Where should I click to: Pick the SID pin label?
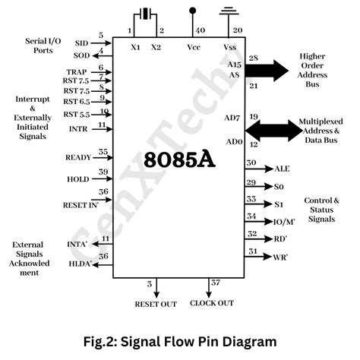(81, 43)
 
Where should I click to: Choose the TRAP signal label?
(76, 71)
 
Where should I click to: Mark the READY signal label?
(77, 157)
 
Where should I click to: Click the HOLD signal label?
(78, 179)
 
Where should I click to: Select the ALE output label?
(283, 169)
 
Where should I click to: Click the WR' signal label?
(282, 257)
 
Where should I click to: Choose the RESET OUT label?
(155, 304)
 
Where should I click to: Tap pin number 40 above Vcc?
(200, 31)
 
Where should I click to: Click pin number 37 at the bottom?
(216, 283)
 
